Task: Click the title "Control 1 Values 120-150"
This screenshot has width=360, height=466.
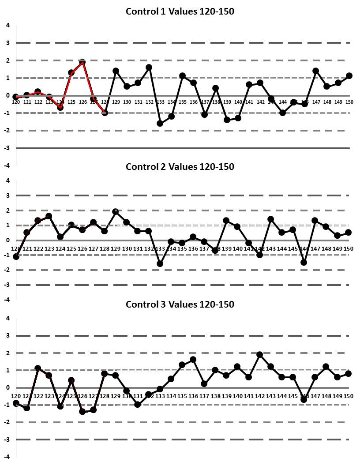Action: (180, 11)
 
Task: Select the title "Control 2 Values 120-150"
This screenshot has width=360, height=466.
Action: (180, 166)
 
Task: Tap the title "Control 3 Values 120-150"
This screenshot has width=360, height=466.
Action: (180, 304)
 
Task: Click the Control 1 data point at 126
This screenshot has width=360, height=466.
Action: (82, 62)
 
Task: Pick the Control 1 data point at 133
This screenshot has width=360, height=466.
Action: (160, 124)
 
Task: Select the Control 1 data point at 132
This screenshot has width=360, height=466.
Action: (149, 67)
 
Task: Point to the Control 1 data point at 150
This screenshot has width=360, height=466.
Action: (349, 75)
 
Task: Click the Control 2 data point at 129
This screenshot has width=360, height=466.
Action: (116, 211)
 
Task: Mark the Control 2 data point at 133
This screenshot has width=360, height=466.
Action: (160, 264)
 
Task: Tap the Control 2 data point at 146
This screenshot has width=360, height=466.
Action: (304, 263)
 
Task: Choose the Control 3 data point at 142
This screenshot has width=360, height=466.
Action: (260, 354)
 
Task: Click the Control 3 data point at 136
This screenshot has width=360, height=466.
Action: (193, 360)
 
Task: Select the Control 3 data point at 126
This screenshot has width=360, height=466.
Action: (82, 412)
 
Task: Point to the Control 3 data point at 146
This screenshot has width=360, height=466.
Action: (304, 399)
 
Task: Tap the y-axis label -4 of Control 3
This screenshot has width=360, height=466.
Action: (7, 456)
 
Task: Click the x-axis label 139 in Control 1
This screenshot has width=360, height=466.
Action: (227, 102)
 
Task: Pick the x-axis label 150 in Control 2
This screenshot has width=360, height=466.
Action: (349, 249)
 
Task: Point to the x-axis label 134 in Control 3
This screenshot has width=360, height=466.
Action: (171, 396)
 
